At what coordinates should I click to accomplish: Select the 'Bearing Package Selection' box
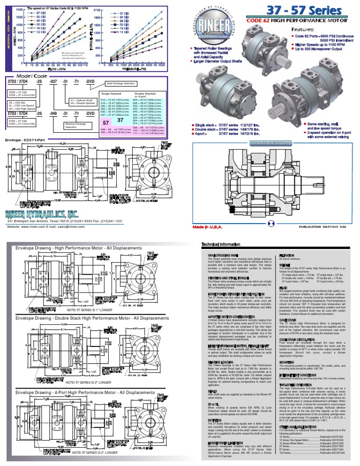click(71, 126)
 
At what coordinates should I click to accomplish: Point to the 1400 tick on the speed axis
click(20, 9)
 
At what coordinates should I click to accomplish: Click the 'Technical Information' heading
click(221, 245)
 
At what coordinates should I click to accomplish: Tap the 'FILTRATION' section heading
click(286, 256)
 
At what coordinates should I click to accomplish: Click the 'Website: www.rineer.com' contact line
click(45, 226)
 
